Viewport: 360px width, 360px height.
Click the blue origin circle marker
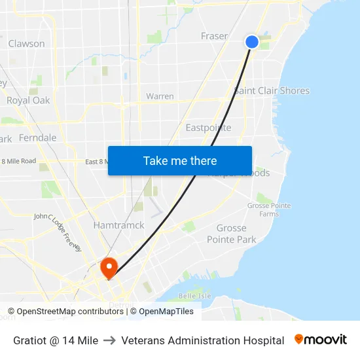point(252,42)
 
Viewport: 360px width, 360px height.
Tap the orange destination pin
point(109,266)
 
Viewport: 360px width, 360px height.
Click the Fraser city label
point(214,36)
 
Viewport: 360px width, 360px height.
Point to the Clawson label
point(27,44)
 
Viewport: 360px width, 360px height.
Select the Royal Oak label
point(28,100)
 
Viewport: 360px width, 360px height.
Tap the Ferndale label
point(37,138)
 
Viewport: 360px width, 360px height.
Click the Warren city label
point(160,96)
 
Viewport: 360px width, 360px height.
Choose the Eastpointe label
point(208,127)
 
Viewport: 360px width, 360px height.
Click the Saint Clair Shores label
point(272,90)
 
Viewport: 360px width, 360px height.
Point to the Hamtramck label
point(118,225)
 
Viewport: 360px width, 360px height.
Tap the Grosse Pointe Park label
point(232,234)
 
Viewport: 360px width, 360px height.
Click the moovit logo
point(321,340)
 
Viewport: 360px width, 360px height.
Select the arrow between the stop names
point(109,340)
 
